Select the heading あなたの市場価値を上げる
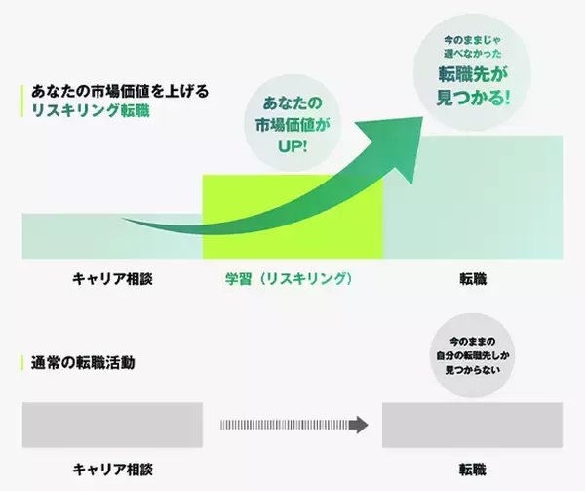(118, 91)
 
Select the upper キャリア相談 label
(112, 279)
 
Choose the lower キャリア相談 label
(112, 469)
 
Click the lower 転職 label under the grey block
(473, 469)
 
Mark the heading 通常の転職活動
(84, 363)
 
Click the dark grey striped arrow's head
(360, 425)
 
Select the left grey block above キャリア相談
(112, 425)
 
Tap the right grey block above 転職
(473, 425)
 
